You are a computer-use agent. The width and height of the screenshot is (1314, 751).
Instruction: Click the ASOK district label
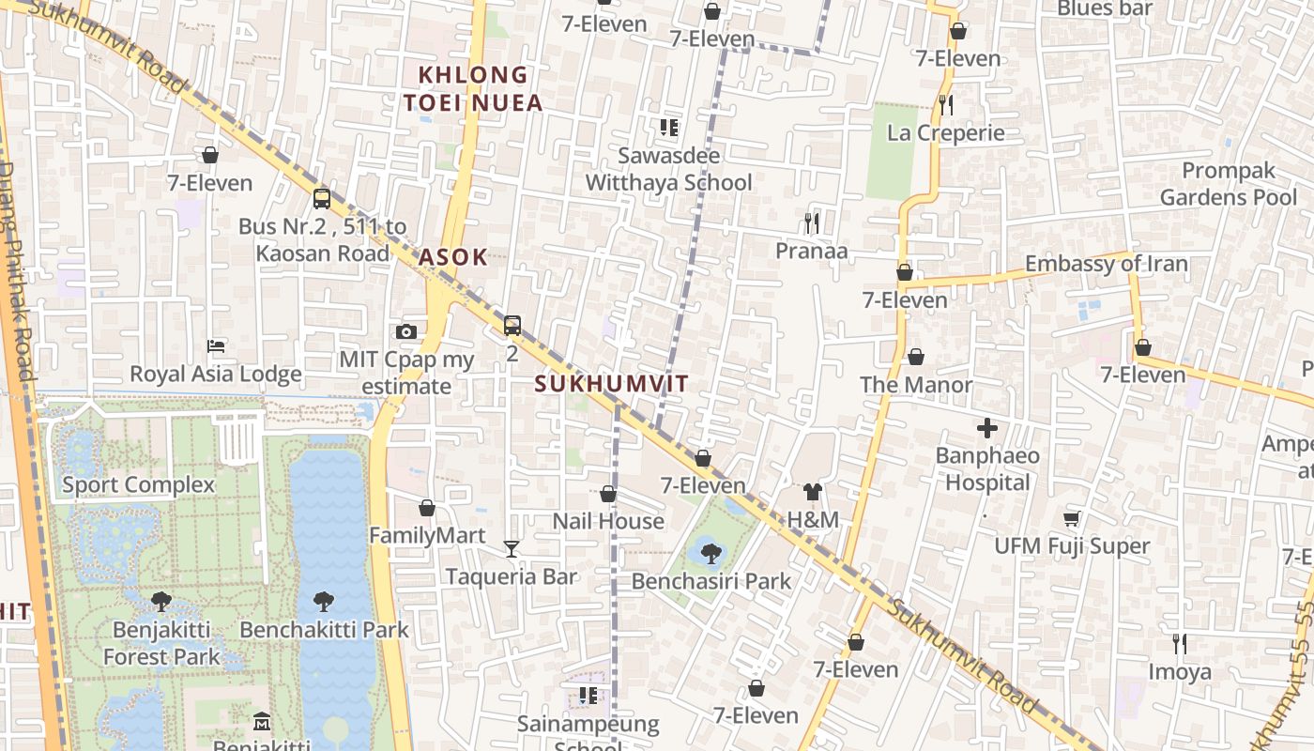tap(453, 257)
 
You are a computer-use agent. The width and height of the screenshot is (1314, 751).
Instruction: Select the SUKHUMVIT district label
tap(612, 383)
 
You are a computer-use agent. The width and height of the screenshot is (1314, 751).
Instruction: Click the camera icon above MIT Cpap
tap(406, 331)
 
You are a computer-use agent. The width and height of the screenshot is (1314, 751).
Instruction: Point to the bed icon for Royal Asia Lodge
tap(216, 345)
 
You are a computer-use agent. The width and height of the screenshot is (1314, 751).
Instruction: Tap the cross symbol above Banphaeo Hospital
tap(987, 429)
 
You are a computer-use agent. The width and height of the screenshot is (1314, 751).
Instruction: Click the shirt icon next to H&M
tap(813, 492)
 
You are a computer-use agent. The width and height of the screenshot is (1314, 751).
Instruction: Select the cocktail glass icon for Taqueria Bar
tap(512, 548)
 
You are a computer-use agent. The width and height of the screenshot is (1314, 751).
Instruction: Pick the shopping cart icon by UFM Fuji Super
tap(1072, 518)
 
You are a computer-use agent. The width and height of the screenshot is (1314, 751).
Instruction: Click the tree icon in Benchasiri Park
tap(711, 553)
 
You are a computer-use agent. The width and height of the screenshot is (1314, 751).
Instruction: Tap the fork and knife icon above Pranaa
tap(812, 222)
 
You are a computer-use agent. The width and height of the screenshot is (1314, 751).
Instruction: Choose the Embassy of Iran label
tap(1107, 264)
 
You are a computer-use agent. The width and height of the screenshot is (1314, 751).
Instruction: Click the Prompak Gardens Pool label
tap(1229, 184)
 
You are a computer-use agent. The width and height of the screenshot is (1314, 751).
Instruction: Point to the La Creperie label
tap(946, 133)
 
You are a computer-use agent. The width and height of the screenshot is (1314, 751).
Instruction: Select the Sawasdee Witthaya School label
tap(669, 169)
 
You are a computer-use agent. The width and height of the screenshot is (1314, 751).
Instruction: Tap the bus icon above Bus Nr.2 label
tap(322, 198)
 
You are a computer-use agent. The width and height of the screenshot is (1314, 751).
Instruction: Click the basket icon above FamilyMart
tap(427, 508)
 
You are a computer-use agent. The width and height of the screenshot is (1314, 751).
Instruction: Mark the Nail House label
tap(608, 521)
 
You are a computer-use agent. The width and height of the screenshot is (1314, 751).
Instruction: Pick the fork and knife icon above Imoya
tap(1180, 643)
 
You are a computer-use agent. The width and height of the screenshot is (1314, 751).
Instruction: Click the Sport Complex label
tap(139, 485)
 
